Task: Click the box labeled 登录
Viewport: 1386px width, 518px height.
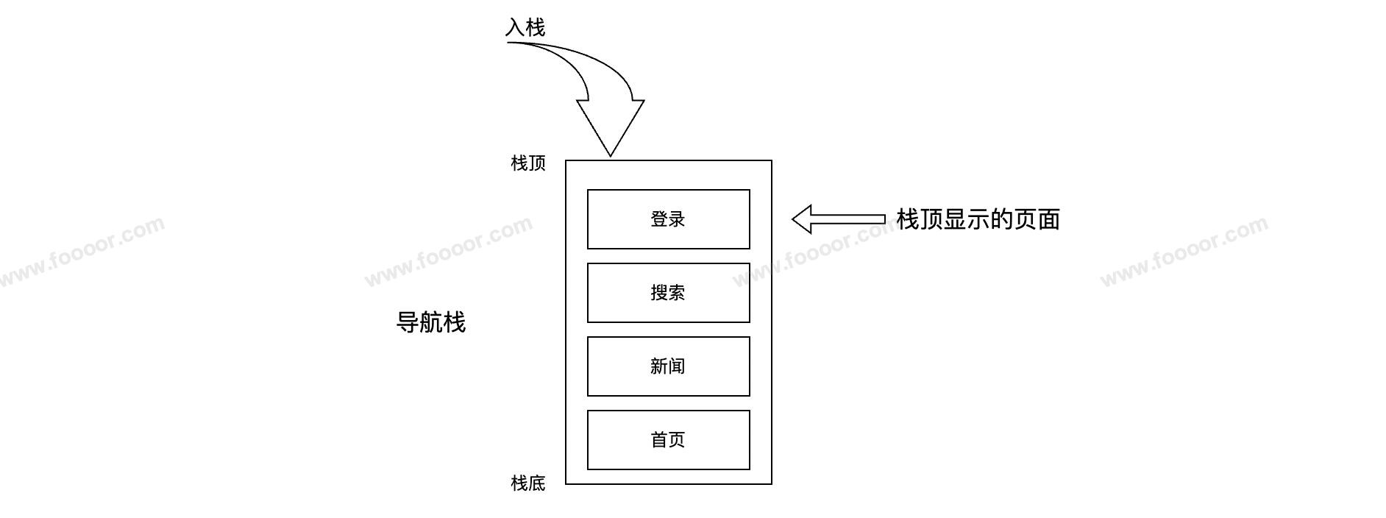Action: (x=668, y=219)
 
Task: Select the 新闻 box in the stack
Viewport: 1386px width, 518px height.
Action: (x=668, y=366)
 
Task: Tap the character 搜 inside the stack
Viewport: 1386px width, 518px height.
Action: (x=659, y=293)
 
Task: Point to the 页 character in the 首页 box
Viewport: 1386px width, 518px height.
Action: (x=677, y=440)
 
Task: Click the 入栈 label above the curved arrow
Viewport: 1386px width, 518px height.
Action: (x=525, y=28)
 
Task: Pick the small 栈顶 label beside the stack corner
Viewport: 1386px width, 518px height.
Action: (x=528, y=163)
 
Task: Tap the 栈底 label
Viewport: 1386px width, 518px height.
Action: (x=528, y=483)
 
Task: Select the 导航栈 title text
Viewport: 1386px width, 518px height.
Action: (x=431, y=322)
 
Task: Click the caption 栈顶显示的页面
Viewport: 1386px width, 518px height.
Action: (x=978, y=219)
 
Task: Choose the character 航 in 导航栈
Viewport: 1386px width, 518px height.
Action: (x=431, y=322)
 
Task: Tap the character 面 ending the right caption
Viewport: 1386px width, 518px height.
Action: (x=1048, y=219)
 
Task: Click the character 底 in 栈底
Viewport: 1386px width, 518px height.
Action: (x=537, y=483)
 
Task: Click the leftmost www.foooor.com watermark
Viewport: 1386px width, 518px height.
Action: (x=81, y=251)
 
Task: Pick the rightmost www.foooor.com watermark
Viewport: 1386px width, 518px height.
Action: (x=1184, y=251)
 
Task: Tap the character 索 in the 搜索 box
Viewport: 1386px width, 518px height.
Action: (x=677, y=293)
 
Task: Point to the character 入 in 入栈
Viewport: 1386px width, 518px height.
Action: (x=515, y=28)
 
